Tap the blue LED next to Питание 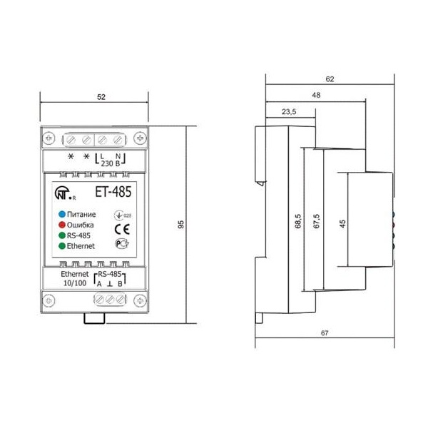(x=62, y=213)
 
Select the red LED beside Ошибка (x=62, y=224)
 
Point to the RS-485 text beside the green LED (x=78, y=235)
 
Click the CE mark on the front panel (x=120, y=228)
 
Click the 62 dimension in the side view (x=329, y=79)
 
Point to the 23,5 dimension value (x=288, y=111)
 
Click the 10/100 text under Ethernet (x=74, y=283)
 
